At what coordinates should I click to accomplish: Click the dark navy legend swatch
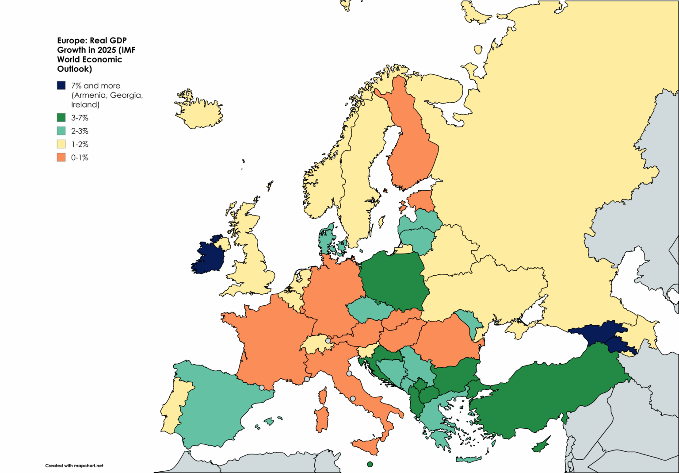click(x=61, y=85)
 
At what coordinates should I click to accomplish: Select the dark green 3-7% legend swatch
click(x=61, y=118)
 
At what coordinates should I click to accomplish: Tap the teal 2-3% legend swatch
click(x=61, y=131)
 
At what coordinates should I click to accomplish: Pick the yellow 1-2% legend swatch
click(x=61, y=144)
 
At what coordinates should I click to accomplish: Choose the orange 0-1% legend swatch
click(x=61, y=158)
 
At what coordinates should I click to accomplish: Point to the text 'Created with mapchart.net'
click(x=74, y=465)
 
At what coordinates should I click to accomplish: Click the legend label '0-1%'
click(x=80, y=158)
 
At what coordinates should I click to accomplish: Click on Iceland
click(x=198, y=113)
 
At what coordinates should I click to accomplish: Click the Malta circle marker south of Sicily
click(x=370, y=464)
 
